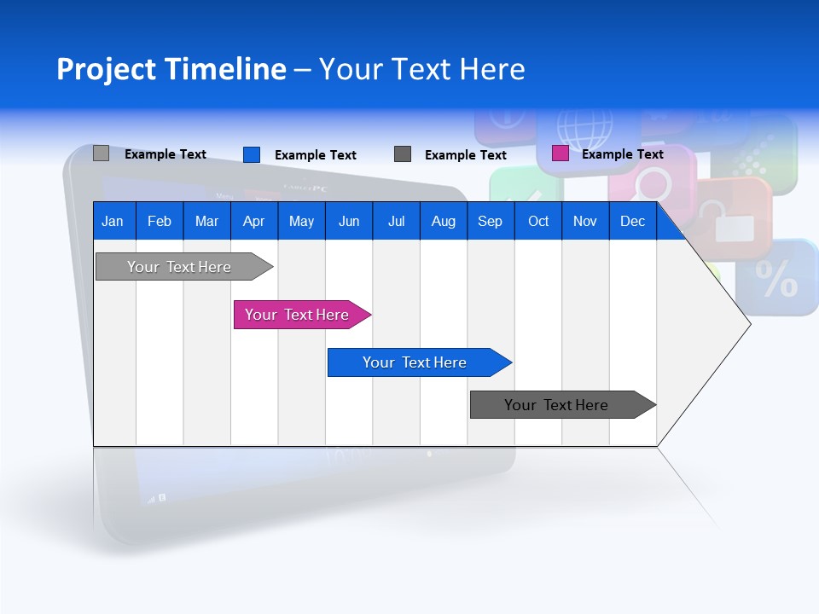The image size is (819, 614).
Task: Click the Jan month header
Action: click(x=113, y=222)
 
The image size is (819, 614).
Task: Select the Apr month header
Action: click(x=253, y=222)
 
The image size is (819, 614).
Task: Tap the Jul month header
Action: click(x=396, y=222)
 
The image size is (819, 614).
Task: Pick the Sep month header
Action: click(x=490, y=222)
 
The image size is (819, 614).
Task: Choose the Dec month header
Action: click(x=632, y=222)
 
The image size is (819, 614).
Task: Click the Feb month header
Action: click(x=160, y=222)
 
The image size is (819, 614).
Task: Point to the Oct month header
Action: click(x=538, y=222)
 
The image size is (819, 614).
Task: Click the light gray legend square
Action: click(x=101, y=153)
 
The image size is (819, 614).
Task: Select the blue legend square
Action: click(x=251, y=154)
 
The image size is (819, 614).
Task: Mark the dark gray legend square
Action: click(x=403, y=154)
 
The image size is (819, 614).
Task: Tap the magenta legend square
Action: click(x=560, y=153)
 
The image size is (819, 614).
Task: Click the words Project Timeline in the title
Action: click(x=171, y=69)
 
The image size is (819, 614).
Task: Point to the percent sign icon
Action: click(x=777, y=279)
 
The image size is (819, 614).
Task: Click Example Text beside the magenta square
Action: click(x=622, y=154)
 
